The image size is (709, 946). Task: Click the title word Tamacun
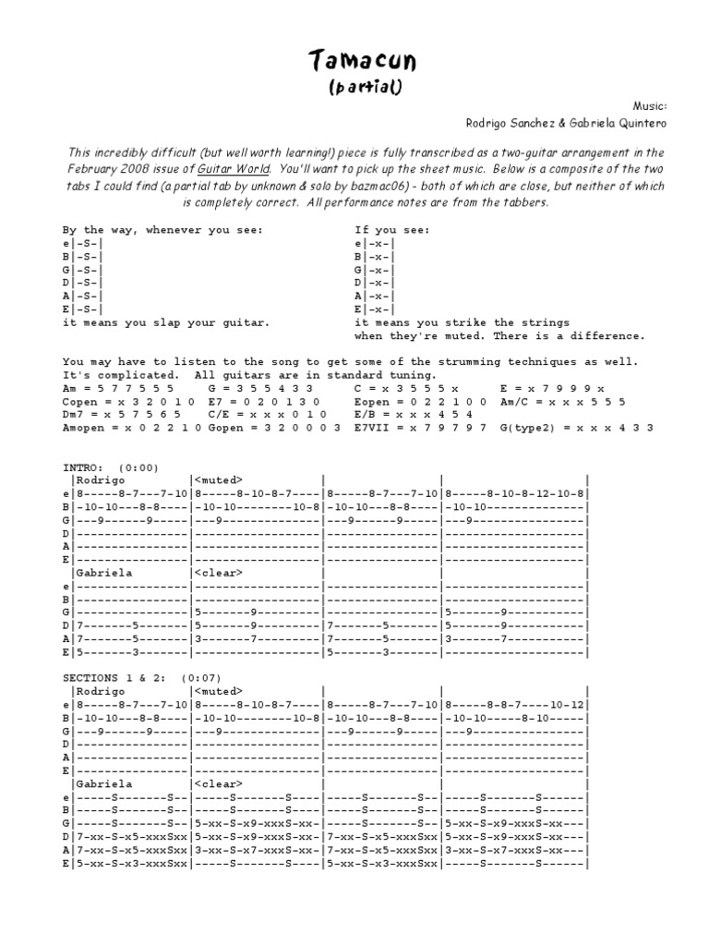[363, 62]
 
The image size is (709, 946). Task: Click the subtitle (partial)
[363, 87]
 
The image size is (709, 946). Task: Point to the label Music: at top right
[649, 107]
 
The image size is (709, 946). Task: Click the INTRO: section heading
[80, 467]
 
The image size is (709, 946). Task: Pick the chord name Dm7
[73, 415]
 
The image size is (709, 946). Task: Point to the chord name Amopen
[84, 428]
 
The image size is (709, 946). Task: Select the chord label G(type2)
[527, 428]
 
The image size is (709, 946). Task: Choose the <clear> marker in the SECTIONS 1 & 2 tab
[219, 783]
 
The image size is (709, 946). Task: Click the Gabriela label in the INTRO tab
[103, 573]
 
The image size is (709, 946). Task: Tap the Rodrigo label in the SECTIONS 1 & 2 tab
[100, 691]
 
